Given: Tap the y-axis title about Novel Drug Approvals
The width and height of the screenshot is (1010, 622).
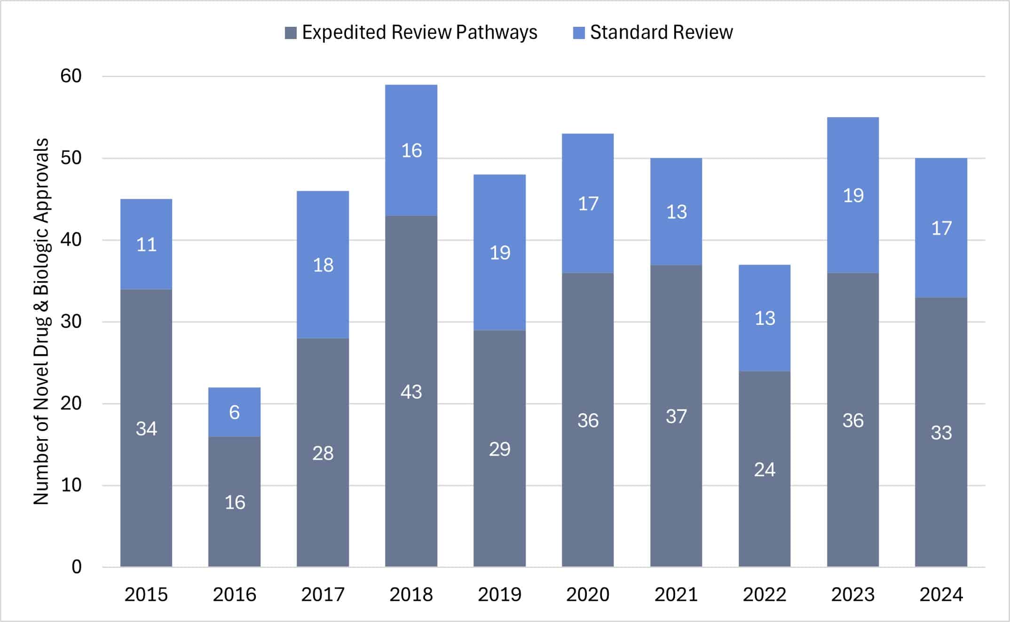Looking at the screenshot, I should click(41, 322).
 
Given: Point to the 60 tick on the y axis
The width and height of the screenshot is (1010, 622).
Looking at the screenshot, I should click(71, 76).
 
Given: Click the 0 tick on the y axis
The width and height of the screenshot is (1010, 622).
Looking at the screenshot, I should click(76, 567).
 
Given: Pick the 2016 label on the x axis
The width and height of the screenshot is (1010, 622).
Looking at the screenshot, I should click(234, 595).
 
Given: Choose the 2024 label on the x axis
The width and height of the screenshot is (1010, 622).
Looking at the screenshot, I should click(941, 595).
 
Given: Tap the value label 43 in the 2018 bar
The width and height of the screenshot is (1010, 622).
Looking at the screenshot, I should click(411, 392).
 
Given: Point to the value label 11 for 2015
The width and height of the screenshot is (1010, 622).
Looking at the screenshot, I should click(146, 244).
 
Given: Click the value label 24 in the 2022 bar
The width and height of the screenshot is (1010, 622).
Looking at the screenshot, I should click(765, 470).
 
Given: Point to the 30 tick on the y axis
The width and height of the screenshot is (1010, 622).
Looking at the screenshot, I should click(71, 322).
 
